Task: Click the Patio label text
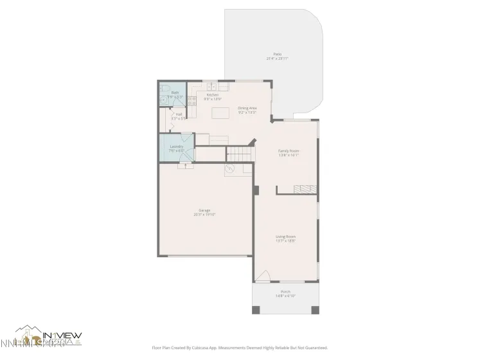point(277,54)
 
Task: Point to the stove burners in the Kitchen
point(191,100)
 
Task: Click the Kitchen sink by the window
point(212,85)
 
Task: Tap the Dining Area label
point(247,108)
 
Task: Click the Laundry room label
point(177,147)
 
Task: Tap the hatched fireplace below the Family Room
point(306,189)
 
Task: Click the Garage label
point(204,210)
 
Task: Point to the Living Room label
point(286,236)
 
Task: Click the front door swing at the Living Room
point(263,276)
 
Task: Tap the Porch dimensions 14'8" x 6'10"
point(286,296)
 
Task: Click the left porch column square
point(256,310)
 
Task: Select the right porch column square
point(315,310)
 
